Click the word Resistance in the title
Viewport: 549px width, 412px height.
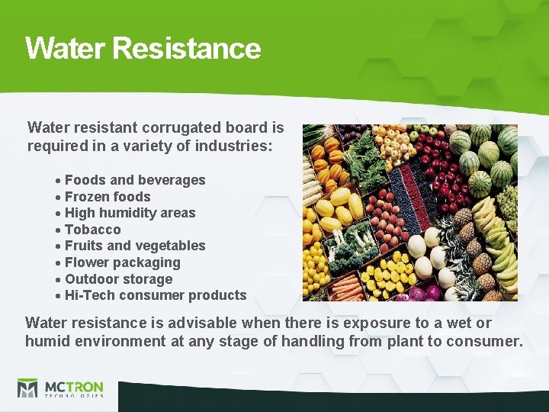click(186, 48)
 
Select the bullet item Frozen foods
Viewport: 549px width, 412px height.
click(108, 197)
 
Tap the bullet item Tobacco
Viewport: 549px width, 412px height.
click(92, 230)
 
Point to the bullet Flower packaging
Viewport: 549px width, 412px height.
click(122, 262)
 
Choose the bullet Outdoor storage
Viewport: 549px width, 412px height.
click(118, 279)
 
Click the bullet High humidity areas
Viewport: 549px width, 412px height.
click(130, 213)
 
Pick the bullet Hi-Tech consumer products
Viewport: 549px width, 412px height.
click(156, 295)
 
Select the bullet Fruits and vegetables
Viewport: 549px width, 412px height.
click(135, 246)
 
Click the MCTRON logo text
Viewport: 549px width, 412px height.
click(73, 387)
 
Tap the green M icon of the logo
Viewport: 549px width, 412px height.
click(27, 388)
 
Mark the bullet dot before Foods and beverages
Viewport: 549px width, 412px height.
click(58, 181)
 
